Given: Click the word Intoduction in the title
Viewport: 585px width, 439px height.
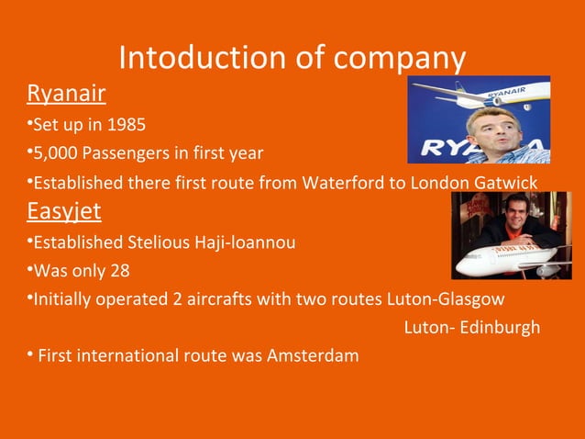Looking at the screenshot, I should (x=196, y=58).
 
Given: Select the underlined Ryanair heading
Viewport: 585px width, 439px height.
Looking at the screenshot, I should (x=66, y=93).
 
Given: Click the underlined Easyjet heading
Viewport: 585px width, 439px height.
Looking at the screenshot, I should (x=63, y=211).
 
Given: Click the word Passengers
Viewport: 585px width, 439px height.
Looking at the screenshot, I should (x=128, y=152).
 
